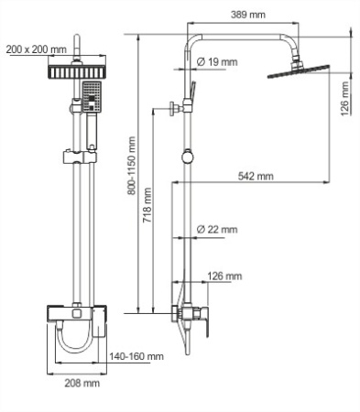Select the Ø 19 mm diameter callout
tap(217, 61)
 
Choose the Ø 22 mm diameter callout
tap(217, 229)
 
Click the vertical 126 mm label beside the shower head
tap(344, 95)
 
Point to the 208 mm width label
tap(83, 384)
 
